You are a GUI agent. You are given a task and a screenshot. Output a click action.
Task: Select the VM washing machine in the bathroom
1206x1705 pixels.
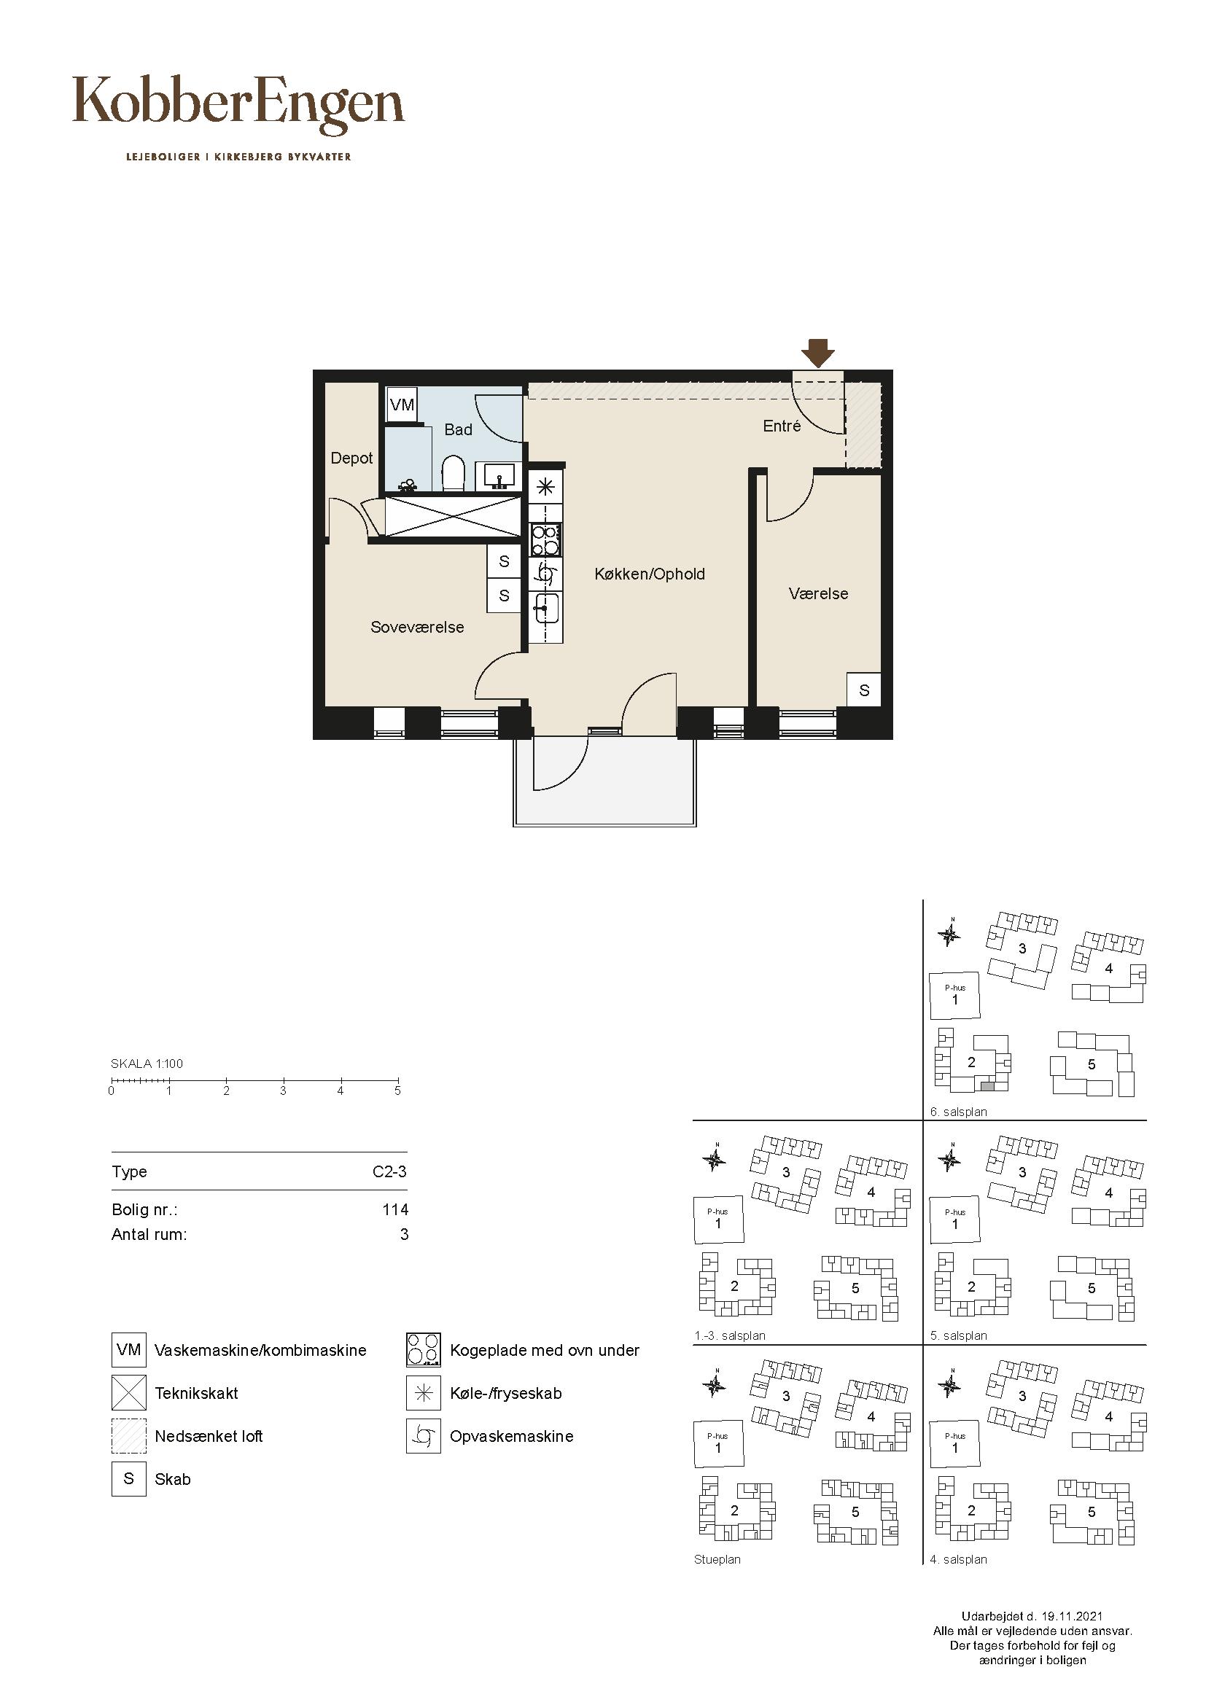pyautogui.click(x=402, y=405)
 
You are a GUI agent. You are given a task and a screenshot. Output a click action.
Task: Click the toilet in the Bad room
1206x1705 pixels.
pyautogui.click(x=453, y=474)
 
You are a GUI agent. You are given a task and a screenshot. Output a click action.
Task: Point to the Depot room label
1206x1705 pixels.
pyautogui.click(x=351, y=459)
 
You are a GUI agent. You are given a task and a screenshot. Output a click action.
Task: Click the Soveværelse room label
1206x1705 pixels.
pyautogui.click(x=417, y=627)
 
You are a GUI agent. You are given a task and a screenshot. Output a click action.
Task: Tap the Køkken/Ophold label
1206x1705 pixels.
pyautogui.click(x=650, y=574)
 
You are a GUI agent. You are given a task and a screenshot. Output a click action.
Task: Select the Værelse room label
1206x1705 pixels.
pyautogui.click(x=818, y=593)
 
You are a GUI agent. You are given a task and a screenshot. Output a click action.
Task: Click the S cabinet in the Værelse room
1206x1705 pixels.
pyautogui.click(x=863, y=690)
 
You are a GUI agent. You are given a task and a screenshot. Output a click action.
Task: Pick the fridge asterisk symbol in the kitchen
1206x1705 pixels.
pyautogui.click(x=545, y=487)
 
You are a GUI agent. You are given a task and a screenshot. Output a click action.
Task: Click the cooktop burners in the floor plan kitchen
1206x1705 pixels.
pyautogui.click(x=545, y=541)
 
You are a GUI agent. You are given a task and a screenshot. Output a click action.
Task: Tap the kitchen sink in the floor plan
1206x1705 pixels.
pyautogui.click(x=545, y=609)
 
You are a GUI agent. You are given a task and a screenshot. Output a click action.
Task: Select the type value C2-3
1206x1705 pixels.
pyautogui.click(x=390, y=1172)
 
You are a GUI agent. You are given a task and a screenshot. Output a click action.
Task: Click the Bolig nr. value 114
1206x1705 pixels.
pyautogui.click(x=396, y=1210)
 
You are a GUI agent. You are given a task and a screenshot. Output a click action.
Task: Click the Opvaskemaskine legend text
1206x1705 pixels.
pyautogui.click(x=512, y=1436)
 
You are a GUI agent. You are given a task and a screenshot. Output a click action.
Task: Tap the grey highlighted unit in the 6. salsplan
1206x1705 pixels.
pyautogui.click(x=987, y=1085)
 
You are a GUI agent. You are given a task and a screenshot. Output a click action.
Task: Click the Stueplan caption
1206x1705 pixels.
pyautogui.click(x=717, y=1560)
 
